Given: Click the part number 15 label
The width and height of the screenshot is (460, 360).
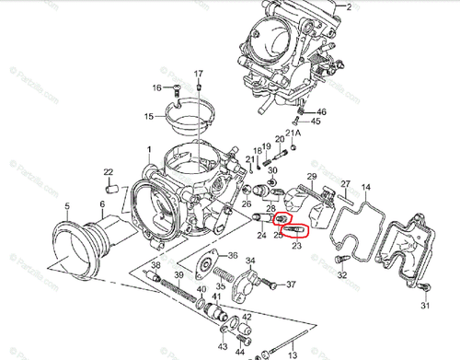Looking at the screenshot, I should point(149,117).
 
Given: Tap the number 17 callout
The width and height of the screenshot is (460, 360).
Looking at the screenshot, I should point(198,73).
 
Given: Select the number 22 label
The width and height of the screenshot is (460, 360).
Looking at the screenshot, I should point(109,173).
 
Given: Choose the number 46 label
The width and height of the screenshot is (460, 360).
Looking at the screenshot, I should point(321,111).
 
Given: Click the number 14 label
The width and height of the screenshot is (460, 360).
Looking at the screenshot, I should point(367,188).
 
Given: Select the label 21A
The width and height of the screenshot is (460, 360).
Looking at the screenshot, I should point(293,134).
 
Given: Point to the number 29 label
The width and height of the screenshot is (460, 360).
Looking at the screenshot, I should point(311,177).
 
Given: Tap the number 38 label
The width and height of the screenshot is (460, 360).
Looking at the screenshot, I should point(155,265).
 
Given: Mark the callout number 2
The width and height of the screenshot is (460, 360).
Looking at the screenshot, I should point(348,6).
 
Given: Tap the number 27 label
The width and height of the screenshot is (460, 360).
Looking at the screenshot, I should point(345,184).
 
